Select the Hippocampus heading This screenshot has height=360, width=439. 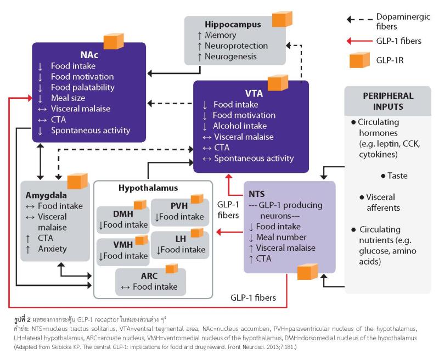point(233,25)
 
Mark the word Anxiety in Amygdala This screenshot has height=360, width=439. point(53,249)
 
